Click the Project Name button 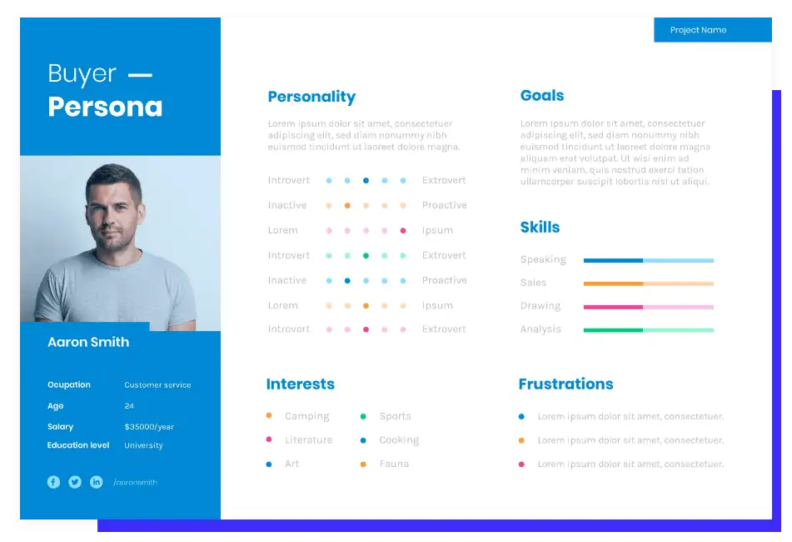tap(713, 30)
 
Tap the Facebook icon tap(53, 482)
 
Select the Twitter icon tap(75, 482)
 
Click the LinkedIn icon tap(96, 482)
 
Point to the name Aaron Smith tap(88, 342)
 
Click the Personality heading tap(311, 97)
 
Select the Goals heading tap(542, 96)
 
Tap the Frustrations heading tap(565, 384)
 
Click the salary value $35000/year tap(149, 427)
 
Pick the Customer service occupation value tap(157, 384)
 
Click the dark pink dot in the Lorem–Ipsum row tap(403, 230)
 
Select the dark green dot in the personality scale tap(366, 255)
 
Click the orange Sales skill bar tap(649, 284)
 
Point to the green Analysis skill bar tap(649, 330)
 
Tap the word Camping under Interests tap(307, 416)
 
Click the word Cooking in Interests tap(399, 440)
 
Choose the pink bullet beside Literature tap(269, 439)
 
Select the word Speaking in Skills tap(543, 259)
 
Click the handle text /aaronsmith tap(136, 482)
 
